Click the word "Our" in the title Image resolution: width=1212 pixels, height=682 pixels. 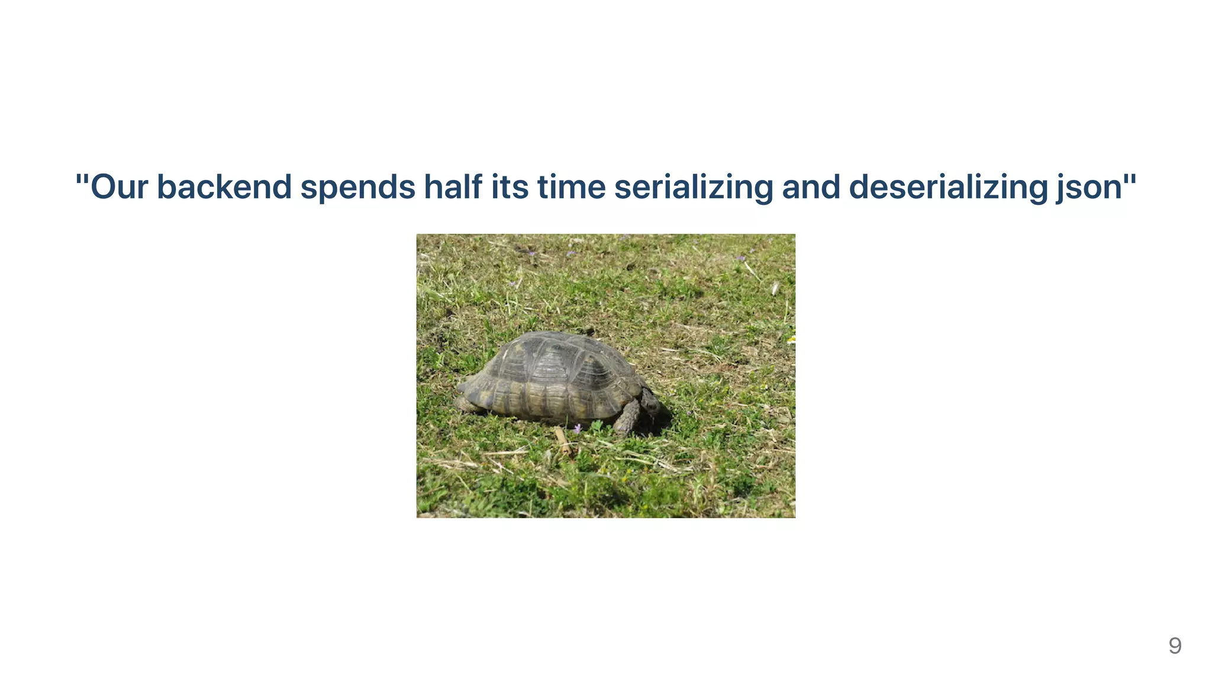[x=119, y=187]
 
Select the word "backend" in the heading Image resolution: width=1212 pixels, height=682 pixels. [x=224, y=187]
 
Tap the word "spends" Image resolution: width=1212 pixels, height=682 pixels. [x=358, y=187]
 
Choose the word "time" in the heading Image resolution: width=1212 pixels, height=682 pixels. [x=572, y=187]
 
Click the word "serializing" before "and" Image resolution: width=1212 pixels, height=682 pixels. [x=694, y=187]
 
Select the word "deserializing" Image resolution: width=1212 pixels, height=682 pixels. [x=948, y=187]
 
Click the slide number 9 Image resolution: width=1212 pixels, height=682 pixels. [x=1175, y=645]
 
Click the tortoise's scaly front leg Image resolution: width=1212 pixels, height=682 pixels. [x=627, y=417]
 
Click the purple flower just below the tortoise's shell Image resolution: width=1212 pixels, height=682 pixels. [x=578, y=428]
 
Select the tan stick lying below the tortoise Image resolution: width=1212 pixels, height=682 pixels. [x=563, y=442]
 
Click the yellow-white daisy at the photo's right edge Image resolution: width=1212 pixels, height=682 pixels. [x=791, y=339]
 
